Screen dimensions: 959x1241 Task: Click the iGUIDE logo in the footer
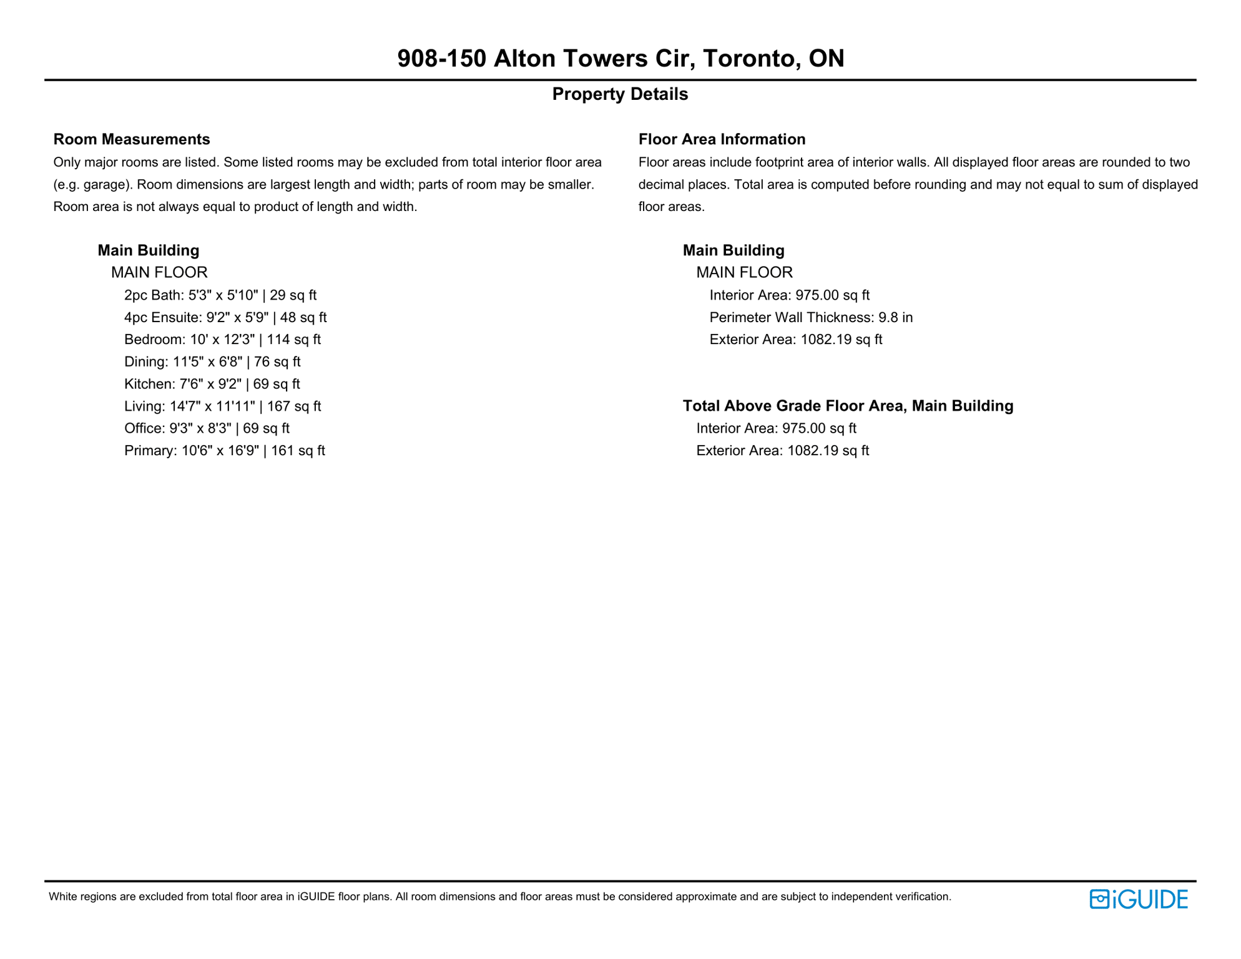click(1138, 899)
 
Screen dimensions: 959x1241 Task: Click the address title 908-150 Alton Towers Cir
click(620, 59)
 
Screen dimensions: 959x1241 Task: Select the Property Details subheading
click(620, 94)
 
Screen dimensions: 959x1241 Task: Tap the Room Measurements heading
click(132, 139)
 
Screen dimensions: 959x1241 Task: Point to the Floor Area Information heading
click(722, 139)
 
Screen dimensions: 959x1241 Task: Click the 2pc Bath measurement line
click(220, 295)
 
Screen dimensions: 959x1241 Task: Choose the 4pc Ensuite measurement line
click(225, 318)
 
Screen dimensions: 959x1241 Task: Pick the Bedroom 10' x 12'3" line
click(222, 340)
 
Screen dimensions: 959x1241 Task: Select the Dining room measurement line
click(212, 362)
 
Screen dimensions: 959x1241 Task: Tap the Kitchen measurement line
click(212, 384)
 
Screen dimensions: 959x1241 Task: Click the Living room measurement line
click(222, 406)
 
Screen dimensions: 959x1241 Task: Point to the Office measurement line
click(207, 428)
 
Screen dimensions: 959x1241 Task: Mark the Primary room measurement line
click(224, 451)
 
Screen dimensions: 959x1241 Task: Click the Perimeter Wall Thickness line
click(811, 318)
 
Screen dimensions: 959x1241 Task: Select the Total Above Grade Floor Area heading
click(848, 406)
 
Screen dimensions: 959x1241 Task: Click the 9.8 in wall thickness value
click(895, 318)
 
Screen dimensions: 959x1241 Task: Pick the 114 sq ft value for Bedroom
click(293, 340)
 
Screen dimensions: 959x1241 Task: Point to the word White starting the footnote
click(62, 897)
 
